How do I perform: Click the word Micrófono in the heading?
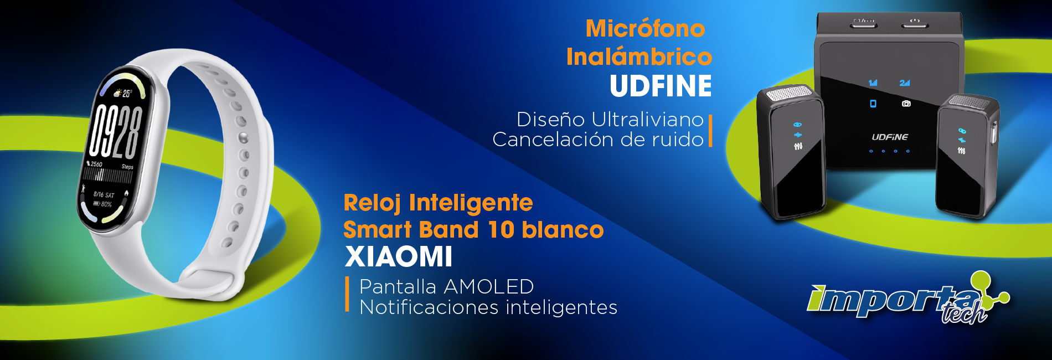tap(646, 29)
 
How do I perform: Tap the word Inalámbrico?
tap(639, 56)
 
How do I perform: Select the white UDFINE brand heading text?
tap(661, 86)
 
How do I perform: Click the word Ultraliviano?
tap(647, 119)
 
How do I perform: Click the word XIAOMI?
tap(399, 256)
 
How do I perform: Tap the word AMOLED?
tap(488, 286)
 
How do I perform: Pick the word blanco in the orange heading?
tap(563, 230)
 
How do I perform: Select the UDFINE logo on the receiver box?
tap(890, 137)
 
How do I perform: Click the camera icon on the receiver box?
tap(906, 104)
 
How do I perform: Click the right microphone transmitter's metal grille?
tap(972, 102)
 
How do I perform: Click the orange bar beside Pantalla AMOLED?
tap(347, 295)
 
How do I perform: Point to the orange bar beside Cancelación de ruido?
tap(710, 131)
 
